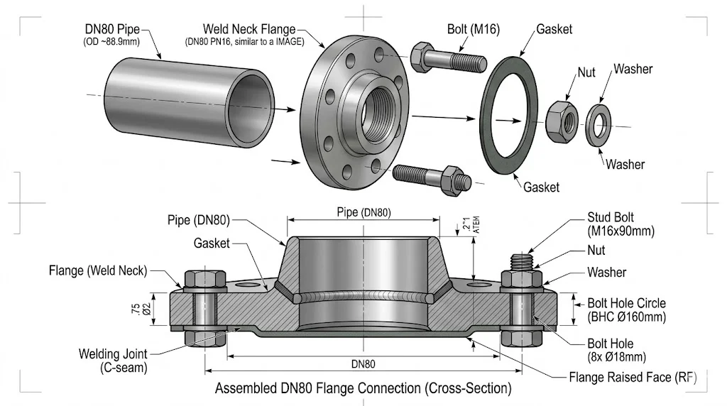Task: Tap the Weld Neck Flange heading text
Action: (249, 29)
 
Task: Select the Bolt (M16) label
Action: (474, 29)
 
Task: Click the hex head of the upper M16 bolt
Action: (421, 57)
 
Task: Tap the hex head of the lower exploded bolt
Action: (453, 180)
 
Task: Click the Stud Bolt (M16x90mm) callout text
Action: (621, 224)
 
